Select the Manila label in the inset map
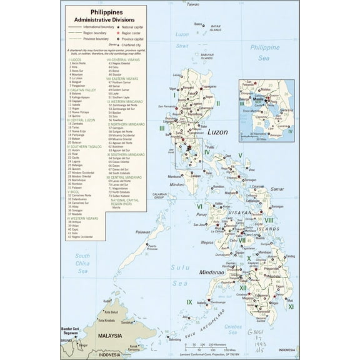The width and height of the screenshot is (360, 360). point(257,99)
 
